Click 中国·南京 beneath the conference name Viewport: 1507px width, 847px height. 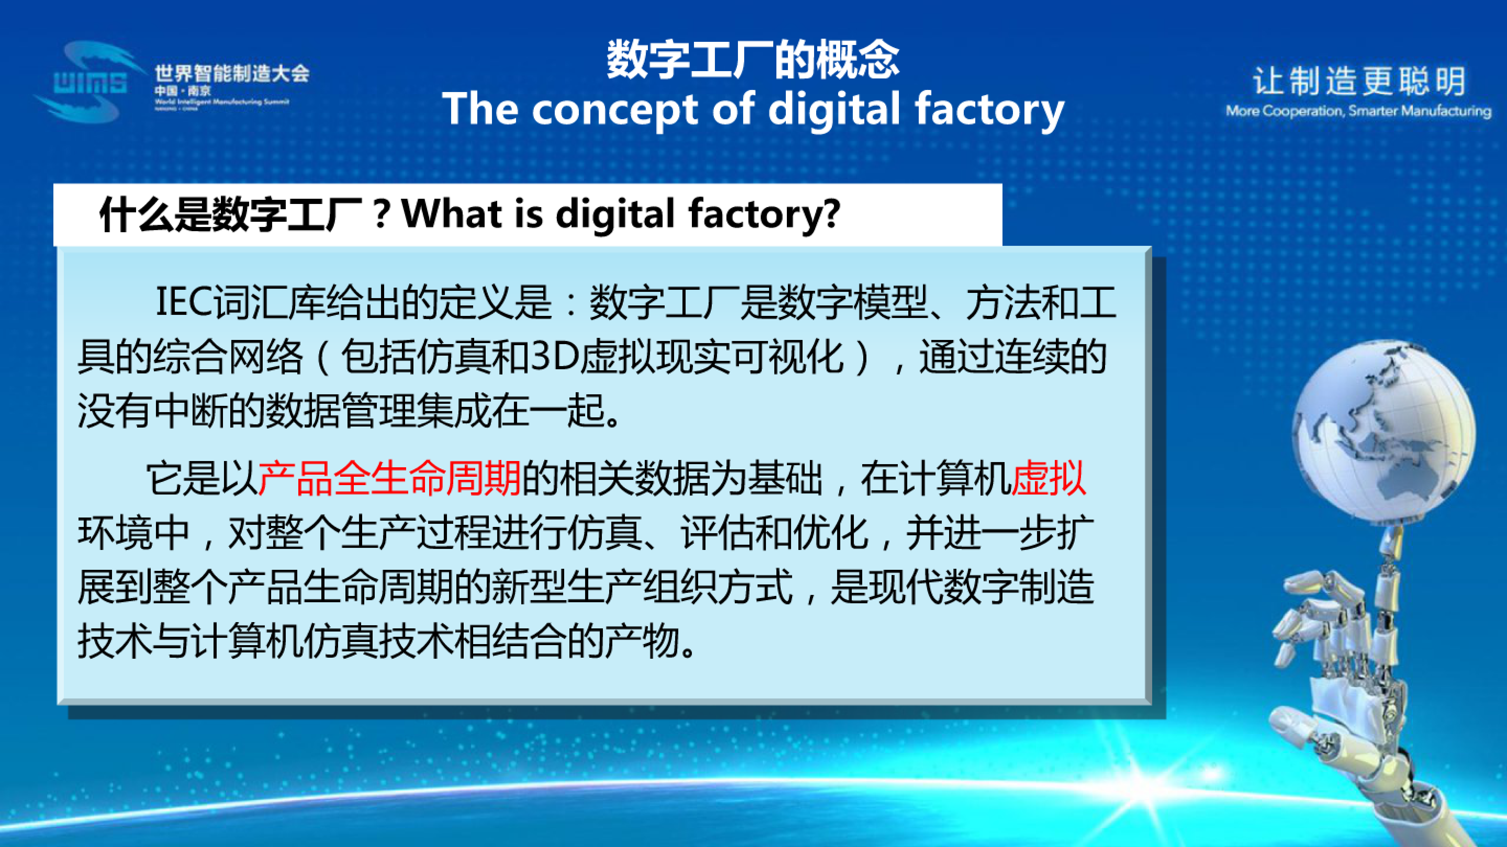(x=183, y=91)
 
